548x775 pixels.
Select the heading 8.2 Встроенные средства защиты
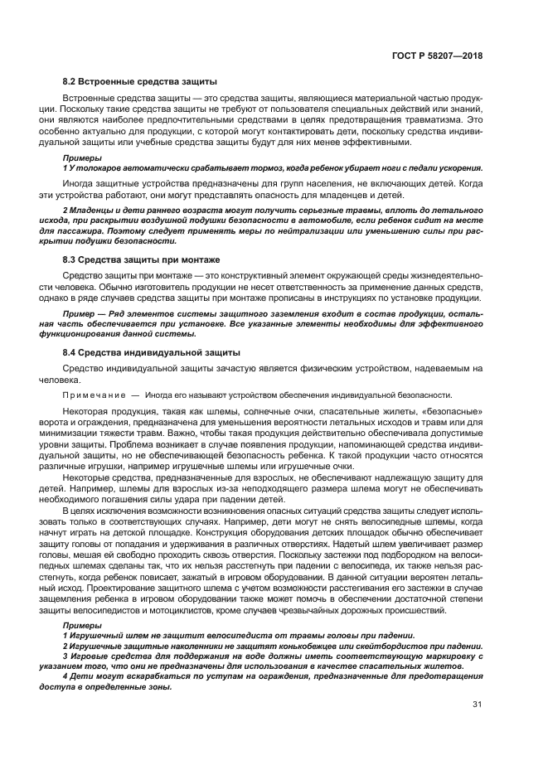[140, 82]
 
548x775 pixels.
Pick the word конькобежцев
[277, 644]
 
